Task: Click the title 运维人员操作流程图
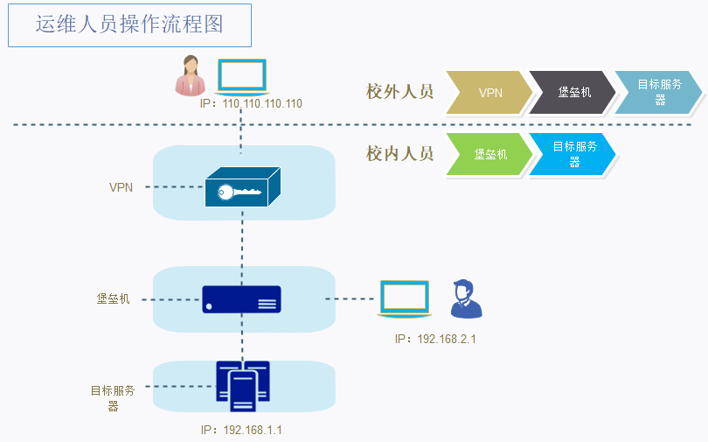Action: coord(129,25)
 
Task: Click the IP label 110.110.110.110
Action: coord(251,103)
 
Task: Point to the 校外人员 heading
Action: coord(399,91)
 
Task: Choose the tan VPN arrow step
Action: coord(489,92)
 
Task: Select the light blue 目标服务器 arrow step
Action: coord(658,92)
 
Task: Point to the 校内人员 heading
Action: coord(399,154)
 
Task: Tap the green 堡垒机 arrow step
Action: coord(489,155)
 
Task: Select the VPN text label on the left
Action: coord(121,187)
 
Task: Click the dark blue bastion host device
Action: coord(242,299)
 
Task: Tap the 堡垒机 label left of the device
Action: coord(113,298)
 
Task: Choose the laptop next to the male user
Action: coord(404,298)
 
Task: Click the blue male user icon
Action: coord(464,299)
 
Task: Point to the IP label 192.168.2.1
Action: coord(434,339)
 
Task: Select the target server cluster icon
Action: coord(243,386)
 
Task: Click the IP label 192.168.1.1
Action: coord(241,430)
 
